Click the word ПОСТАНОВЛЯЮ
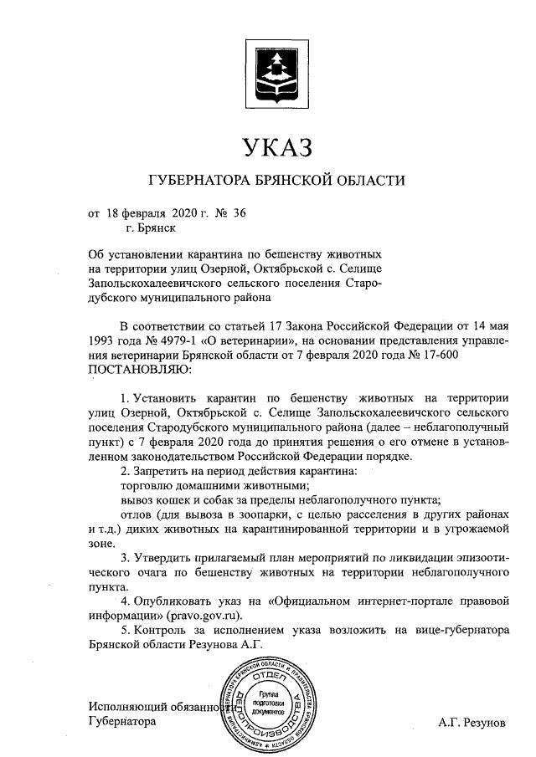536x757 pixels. click(x=139, y=367)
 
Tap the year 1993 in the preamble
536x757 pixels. click(x=104, y=340)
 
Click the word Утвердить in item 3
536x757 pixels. click(x=164, y=556)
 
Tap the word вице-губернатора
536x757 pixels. click(x=453, y=629)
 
